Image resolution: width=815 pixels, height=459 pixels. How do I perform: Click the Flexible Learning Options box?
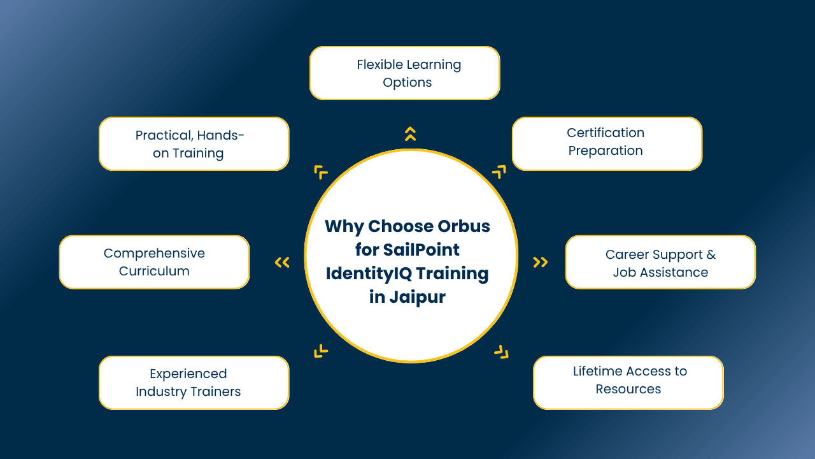click(404, 73)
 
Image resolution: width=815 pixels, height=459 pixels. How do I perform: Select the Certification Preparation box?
click(607, 143)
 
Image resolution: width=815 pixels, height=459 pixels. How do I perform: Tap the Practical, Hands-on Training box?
click(194, 143)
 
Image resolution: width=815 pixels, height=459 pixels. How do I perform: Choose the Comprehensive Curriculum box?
click(154, 262)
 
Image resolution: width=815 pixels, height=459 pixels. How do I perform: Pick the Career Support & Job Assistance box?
click(660, 262)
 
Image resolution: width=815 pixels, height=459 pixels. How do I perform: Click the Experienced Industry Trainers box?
click(194, 382)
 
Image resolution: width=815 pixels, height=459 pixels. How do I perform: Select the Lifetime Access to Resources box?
click(628, 382)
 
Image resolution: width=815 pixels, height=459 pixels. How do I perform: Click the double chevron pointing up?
click(411, 134)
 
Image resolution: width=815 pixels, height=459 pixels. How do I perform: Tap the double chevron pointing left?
click(282, 262)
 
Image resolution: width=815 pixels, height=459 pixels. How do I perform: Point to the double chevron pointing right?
click(541, 262)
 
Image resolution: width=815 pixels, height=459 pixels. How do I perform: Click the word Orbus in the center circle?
click(464, 226)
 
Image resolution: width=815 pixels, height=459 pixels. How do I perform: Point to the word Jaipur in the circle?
click(417, 298)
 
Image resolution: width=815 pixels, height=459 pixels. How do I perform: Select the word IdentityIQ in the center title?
click(369, 273)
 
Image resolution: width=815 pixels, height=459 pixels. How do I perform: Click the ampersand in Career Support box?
click(711, 254)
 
